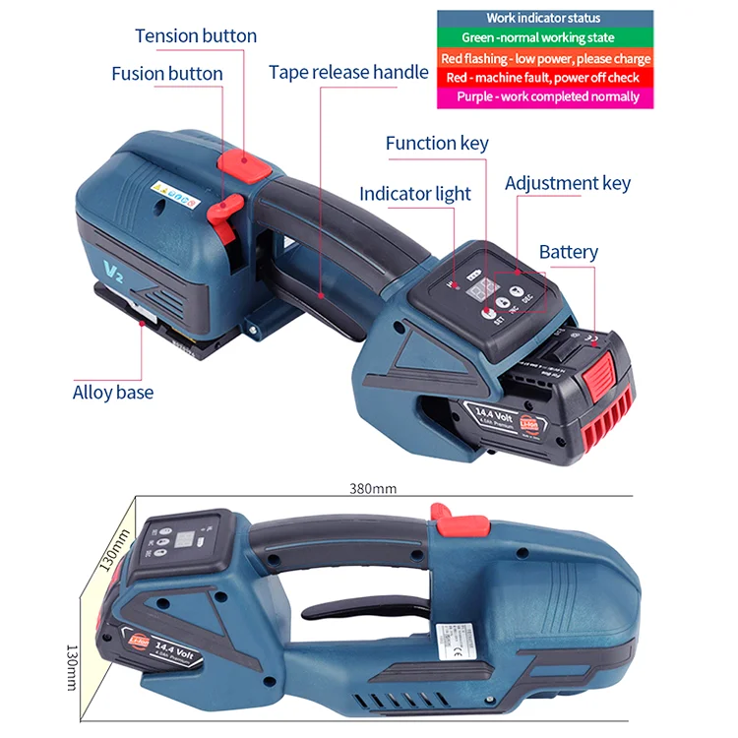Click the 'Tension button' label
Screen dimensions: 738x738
[196, 36]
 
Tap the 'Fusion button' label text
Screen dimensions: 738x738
[167, 74]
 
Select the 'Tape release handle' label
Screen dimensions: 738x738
[348, 72]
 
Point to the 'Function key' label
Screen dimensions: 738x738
[437, 143]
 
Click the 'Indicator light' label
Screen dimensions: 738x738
[415, 194]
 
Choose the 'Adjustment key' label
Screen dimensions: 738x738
[568, 183]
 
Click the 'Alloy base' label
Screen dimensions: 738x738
[113, 393]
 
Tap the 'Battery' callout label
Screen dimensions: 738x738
[568, 252]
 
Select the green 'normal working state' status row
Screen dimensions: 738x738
[544, 38]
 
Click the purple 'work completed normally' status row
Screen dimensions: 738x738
[544, 96]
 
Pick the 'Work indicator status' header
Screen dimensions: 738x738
[544, 19]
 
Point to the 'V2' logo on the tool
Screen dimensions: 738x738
[112, 267]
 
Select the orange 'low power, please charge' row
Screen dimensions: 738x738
[544, 58]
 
